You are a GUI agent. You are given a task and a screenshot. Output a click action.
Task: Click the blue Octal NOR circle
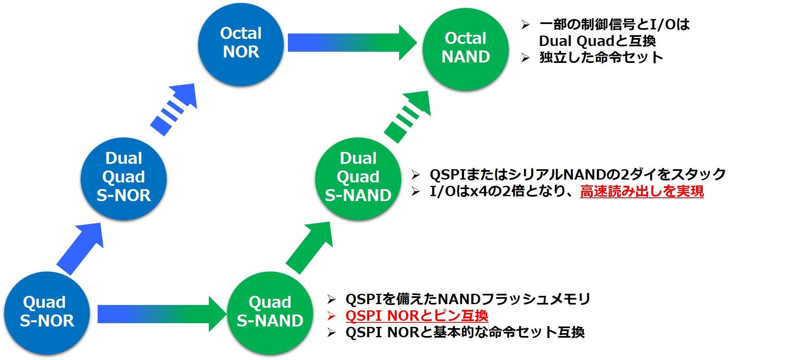click(x=241, y=43)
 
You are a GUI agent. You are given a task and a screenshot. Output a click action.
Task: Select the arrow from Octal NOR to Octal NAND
click(x=352, y=43)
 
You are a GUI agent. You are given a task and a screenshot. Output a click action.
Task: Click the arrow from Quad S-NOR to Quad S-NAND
click(x=162, y=314)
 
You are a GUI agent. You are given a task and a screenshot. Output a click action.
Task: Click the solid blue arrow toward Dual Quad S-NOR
click(x=79, y=248)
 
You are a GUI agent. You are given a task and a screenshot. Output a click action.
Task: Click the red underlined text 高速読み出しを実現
click(x=641, y=192)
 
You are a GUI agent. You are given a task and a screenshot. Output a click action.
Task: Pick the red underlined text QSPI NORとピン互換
click(x=416, y=316)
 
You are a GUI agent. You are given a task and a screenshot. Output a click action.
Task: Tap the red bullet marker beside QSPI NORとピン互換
click(x=331, y=316)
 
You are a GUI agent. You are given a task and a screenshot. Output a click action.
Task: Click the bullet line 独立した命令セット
click(x=601, y=57)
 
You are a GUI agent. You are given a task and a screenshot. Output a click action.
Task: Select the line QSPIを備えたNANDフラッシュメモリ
click(x=468, y=299)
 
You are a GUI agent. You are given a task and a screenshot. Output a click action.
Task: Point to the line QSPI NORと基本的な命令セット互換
click(x=465, y=332)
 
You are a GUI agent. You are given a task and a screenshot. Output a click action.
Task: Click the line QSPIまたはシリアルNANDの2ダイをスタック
click(x=578, y=174)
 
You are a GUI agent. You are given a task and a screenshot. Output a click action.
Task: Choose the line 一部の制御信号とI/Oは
click(x=615, y=24)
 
